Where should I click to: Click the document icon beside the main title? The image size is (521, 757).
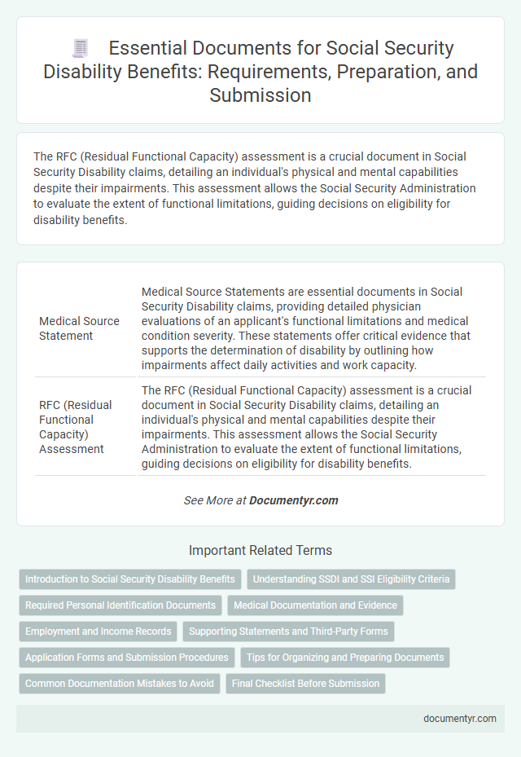[x=81, y=49]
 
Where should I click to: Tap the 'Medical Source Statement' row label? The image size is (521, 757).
[x=79, y=328]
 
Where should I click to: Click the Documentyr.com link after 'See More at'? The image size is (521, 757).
[x=294, y=500]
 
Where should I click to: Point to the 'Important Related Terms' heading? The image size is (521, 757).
[x=260, y=550]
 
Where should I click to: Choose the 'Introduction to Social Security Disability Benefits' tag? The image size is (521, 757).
[x=130, y=579]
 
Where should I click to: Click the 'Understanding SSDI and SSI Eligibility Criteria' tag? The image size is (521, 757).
[x=351, y=579]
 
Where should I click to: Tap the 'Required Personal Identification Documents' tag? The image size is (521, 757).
[x=120, y=605]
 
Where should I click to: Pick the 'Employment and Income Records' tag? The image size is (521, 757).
[x=99, y=632]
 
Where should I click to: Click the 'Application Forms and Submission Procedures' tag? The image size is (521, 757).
[x=126, y=658]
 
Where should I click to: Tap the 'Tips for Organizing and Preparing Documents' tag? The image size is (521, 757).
[x=345, y=658]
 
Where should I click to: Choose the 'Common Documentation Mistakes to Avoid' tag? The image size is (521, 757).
[x=120, y=684]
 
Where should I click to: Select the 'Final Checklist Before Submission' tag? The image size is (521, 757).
[x=305, y=684]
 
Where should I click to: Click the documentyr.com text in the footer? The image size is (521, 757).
[x=459, y=718]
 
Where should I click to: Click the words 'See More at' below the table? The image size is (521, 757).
[x=214, y=500]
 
